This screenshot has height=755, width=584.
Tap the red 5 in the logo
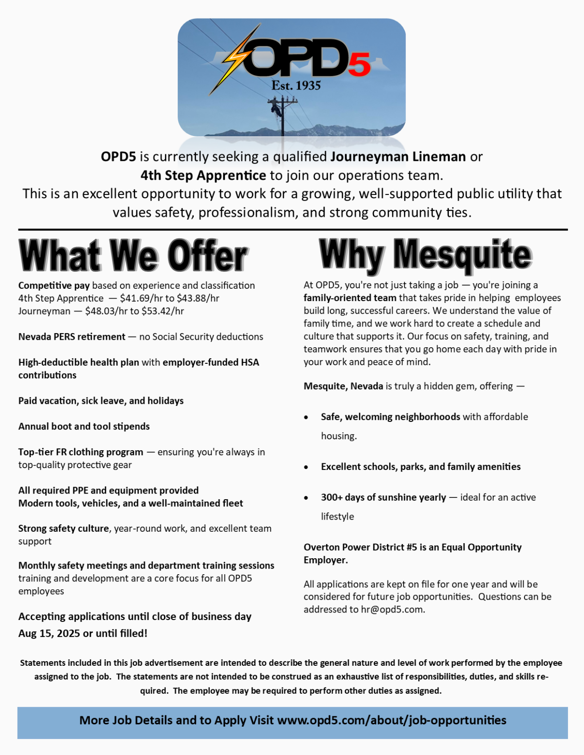tap(360, 66)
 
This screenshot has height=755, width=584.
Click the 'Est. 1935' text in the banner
tap(296, 85)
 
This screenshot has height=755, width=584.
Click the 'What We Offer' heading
tap(133, 256)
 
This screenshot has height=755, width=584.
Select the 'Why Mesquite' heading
tap(425, 255)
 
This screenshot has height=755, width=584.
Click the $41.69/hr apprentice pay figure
tap(141, 298)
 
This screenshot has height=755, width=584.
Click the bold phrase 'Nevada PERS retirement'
tap(72, 336)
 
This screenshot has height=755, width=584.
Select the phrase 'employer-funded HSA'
tap(211, 362)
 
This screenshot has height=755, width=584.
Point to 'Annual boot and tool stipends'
tap(84, 426)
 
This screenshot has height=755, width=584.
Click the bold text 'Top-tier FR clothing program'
tap(81, 452)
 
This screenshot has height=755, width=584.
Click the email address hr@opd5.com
tap(392, 609)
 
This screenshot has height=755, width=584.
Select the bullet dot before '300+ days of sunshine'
tap(307, 497)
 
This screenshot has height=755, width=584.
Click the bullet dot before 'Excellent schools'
tap(307, 467)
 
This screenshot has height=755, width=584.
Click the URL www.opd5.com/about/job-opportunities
tap(391, 721)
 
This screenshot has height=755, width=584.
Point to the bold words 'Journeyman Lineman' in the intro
tap(398, 156)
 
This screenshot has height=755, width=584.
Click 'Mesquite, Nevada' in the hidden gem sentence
tap(344, 386)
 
